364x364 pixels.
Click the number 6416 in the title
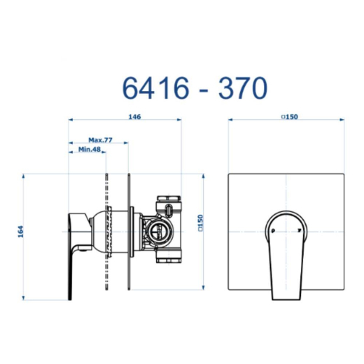pyautogui.click(x=155, y=88)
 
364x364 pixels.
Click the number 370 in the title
pyautogui.click(x=243, y=88)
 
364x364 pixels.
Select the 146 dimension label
pyautogui.click(x=135, y=116)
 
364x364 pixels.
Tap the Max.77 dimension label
pyautogui.click(x=100, y=140)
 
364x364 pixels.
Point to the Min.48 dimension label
pyautogui.click(x=90, y=149)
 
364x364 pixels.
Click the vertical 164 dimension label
pyautogui.click(x=21, y=232)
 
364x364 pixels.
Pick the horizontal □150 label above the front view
pyautogui.click(x=290, y=116)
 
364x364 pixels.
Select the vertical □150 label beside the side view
pyautogui.click(x=200, y=223)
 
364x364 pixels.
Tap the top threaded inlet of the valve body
pyautogui.click(x=169, y=198)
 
